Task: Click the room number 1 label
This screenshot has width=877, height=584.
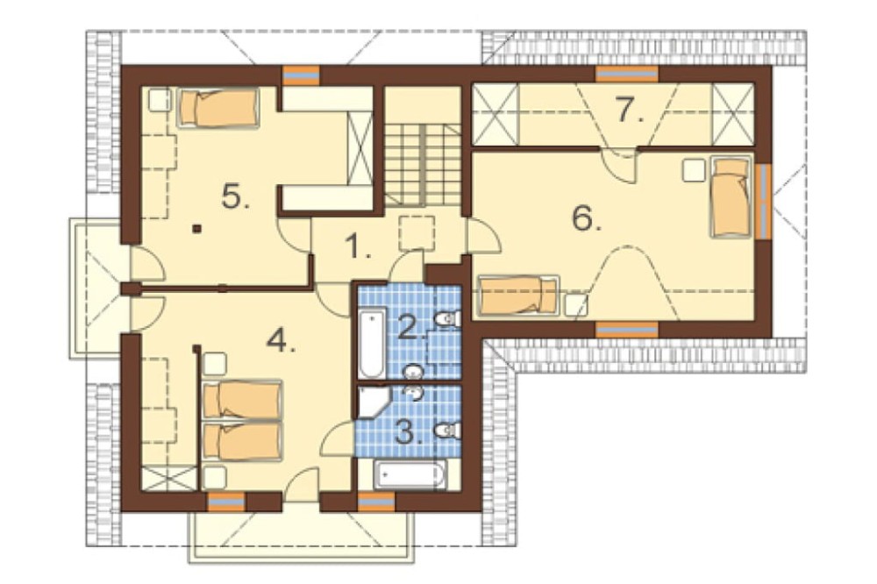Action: tap(358, 246)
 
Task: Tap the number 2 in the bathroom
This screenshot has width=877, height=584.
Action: tap(411, 327)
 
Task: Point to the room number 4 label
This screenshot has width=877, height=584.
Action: tap(282, 338)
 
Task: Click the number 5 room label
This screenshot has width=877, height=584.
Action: tap(236, 196)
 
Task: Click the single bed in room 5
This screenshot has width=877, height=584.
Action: tap(218, 107)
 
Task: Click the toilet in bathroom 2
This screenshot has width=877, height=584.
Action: tap(447, 319)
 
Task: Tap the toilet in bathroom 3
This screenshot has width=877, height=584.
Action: tap(447, 430)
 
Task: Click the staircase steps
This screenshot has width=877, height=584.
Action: tap(423, 165)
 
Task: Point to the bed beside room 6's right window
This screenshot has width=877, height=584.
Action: tap(731, 197)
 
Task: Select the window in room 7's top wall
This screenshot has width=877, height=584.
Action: tap(626, 74)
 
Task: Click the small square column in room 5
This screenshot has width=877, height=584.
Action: tap(196, 228)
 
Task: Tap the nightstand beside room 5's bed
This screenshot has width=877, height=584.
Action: tap(160, 100)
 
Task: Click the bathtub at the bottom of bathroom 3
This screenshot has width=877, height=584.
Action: tap(410, 475)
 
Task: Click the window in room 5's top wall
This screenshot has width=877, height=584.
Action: tap(301, 75)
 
